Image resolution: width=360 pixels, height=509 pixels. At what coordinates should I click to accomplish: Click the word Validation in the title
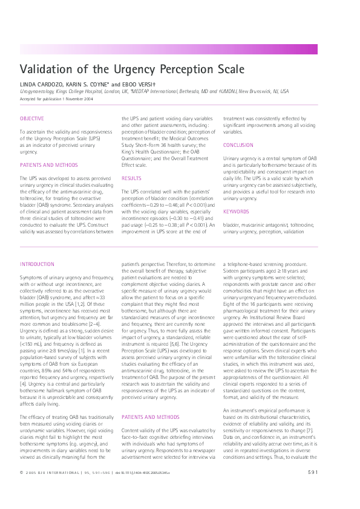[x=45, y=69]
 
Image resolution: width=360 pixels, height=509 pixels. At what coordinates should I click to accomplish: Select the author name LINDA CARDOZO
[x=42, y=84]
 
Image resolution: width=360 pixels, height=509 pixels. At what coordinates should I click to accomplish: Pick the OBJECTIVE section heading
[x=31, y=118]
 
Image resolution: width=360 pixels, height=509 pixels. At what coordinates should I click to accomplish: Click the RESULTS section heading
[x=131, y=178]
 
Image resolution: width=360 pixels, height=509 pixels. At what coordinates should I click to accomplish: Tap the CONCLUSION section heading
[x=238, y=145]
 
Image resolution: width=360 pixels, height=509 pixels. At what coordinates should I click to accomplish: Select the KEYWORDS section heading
[x=235, y=211]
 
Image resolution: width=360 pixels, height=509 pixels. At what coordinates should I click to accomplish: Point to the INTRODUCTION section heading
[x=37, y=264]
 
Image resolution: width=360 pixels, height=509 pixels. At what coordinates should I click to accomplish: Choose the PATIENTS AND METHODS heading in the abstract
[x=44, y=164]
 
